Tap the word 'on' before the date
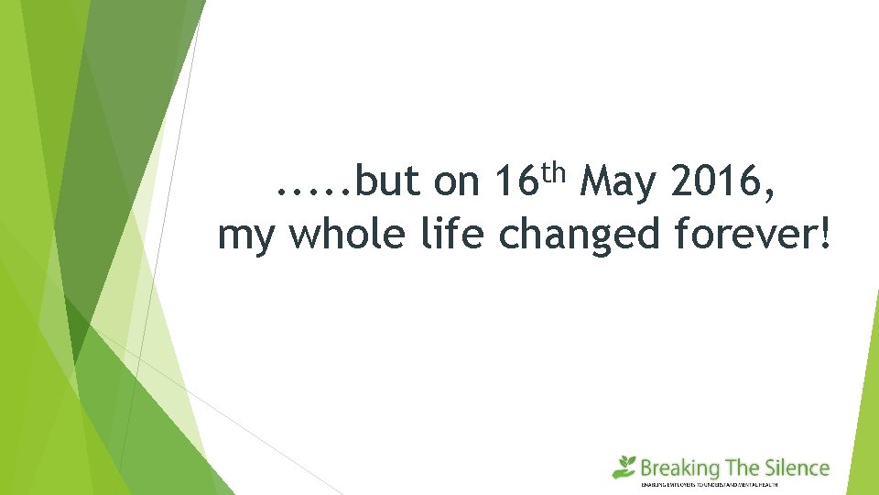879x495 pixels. pos(456,183)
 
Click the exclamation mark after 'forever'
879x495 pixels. pos(828,235)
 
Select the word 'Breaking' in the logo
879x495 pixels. pos(679,469)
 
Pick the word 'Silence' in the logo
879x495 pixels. pos(798,467)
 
